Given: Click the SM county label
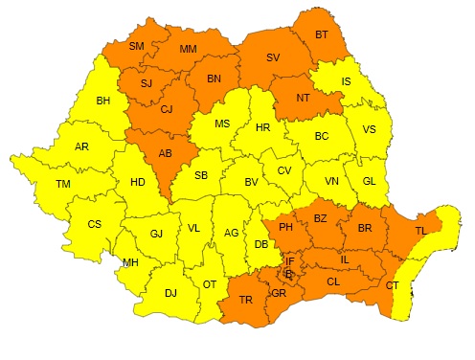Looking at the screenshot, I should click(136, 47).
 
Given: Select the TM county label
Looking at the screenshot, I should click(63, 183).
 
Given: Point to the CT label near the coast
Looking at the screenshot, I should click(392, 285).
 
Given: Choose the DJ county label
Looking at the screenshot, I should click(170, 294).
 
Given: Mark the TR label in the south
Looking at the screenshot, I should click(245, 299).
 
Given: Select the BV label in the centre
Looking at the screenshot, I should click(252, 182).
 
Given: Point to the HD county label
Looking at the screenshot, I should click(138, 182).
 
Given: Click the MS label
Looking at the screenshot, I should click(222, 124).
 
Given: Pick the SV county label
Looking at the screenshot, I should click(273, 57).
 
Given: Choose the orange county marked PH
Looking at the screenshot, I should click(284, 227).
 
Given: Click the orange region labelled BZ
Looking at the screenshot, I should click(321, 218).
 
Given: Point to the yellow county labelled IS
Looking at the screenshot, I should click(347, 81).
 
